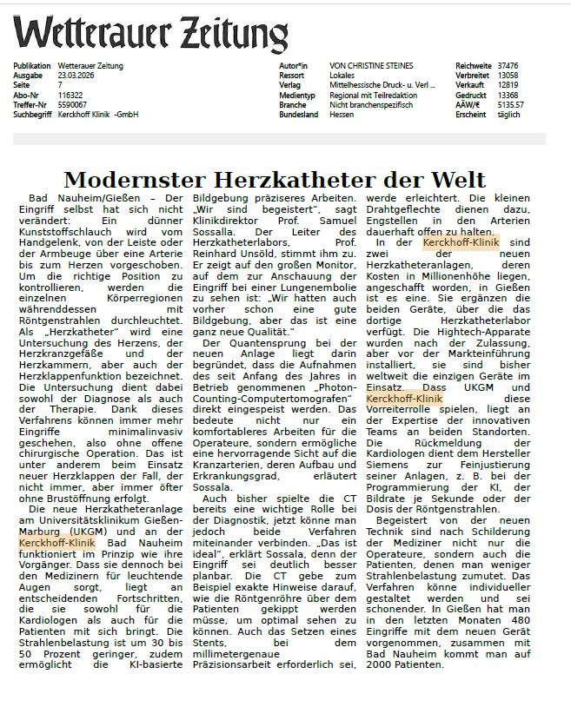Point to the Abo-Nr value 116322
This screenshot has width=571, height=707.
pos(70,95)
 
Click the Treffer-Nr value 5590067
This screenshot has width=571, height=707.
pos(71,104)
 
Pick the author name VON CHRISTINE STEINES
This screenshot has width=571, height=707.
pos(371,66)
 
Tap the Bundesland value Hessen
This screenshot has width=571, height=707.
pos(342,114)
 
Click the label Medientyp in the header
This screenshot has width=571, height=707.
pos(292,95)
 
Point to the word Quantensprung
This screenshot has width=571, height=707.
pos(256,345)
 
